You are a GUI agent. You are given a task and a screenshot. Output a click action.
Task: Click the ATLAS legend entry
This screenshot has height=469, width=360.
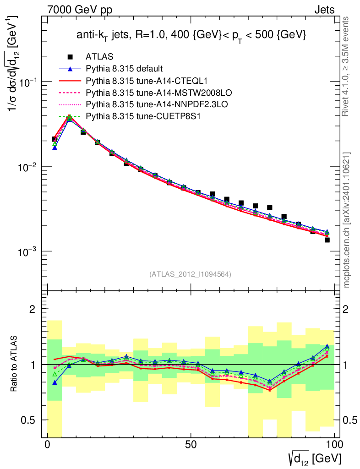click(97, 57)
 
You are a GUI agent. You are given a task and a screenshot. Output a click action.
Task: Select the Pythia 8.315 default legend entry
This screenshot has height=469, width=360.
click(124, 69)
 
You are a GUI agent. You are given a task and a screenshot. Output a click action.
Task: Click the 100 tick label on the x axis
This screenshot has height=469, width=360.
click(334, 445)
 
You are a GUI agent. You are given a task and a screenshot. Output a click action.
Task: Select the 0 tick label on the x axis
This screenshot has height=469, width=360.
click(48, 445)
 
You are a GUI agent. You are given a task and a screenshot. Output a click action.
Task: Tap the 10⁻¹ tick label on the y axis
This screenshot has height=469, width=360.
click(28, 82)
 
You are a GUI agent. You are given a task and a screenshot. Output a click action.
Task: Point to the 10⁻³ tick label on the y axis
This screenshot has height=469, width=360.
click(28, 251)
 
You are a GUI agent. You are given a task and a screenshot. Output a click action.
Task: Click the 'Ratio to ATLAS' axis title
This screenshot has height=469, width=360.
click(15, 364)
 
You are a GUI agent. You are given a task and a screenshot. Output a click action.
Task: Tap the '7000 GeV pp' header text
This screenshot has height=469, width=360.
click(80, 10)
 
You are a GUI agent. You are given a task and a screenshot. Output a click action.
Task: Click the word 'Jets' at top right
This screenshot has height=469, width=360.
click(324, 10)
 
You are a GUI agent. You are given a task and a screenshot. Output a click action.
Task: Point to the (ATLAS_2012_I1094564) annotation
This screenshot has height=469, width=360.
click(190, 274)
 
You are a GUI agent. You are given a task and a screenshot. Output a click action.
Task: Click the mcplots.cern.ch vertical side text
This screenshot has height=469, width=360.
click(347, 220)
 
